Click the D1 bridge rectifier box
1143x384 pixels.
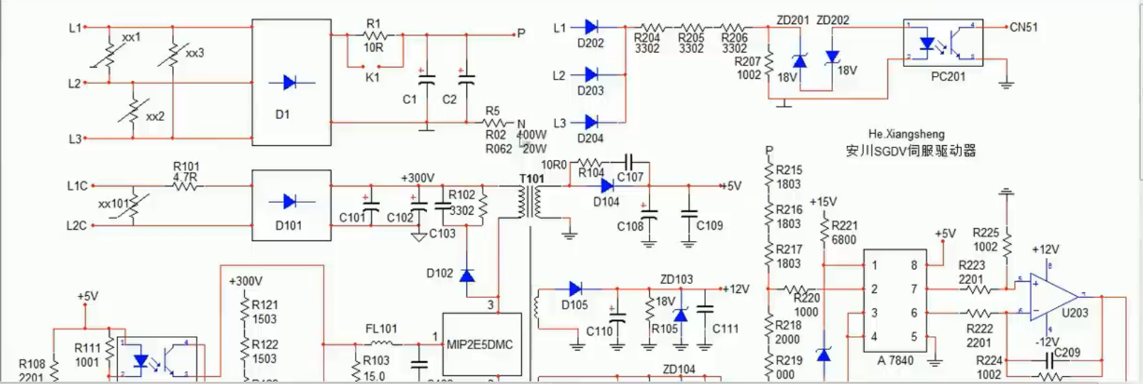[292, 82]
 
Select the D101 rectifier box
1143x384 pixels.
[292, 206]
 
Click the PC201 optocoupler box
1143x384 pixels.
[943, 43]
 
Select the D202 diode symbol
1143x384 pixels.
[591, 27]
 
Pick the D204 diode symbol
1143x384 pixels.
[591, 122]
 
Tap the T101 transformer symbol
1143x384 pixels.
[530, 203]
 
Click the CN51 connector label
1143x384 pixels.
[1024, 27]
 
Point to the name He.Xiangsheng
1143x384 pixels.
[906, 134]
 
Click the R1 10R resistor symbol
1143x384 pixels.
[373, 35]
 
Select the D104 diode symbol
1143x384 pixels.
[606, 186]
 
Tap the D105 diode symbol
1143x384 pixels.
[575, 289]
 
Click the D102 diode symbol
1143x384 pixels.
[466, 275]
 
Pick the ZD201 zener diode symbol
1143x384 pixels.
[800, 61]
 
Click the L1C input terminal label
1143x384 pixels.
[77, 186]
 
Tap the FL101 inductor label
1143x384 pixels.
[381, 329]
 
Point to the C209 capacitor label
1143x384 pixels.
[1066, 352]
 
